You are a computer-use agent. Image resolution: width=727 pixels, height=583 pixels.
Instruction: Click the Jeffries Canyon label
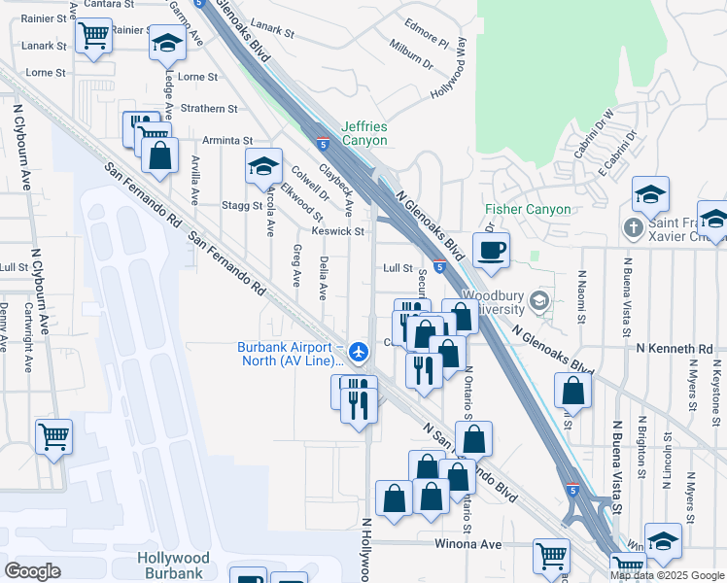click(x=364, y=134)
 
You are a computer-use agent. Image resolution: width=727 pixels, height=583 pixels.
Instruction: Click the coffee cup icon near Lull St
click(x=492, y=250)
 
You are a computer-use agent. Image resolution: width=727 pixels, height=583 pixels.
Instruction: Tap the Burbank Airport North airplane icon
click(x=360, y=351)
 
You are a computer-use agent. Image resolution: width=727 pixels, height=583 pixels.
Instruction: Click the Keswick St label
click(x=337, y=231)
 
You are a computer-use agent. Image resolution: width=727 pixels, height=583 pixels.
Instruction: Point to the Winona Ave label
click(x=474, y=545)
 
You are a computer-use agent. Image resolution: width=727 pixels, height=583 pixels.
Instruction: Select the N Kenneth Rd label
click(x=675, y=348)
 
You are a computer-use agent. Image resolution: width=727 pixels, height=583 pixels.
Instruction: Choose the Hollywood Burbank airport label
click(x=173, y=565)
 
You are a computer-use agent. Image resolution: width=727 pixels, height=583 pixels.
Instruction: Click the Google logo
click(x=32, y=570)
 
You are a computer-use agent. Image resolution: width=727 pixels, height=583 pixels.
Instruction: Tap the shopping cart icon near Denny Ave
click(x=54, y=435)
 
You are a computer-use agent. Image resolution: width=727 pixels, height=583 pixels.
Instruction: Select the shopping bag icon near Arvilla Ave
click(x=159, y=154)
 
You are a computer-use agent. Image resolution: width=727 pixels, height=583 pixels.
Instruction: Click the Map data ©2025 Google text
click(x=667, y=575)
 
